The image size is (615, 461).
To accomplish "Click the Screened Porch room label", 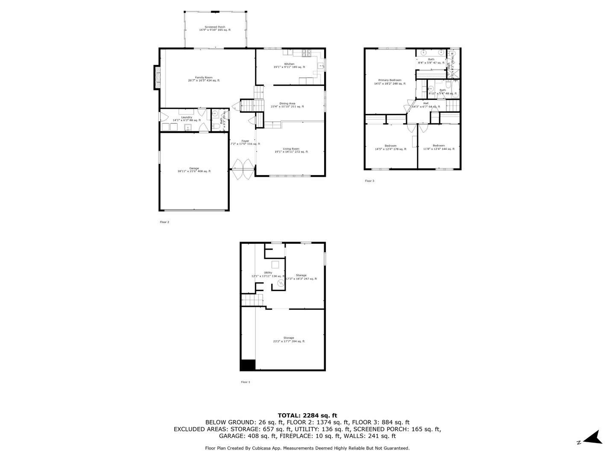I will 214,28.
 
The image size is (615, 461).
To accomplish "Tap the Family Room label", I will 204,79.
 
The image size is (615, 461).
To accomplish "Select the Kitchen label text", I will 289,65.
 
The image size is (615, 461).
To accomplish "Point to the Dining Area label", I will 287,105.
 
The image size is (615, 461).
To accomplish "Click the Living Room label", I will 291,150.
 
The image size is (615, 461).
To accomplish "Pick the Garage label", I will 194,170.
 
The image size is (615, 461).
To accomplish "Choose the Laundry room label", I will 187,119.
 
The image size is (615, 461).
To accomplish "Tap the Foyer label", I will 245,142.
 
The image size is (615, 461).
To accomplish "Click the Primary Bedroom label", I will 389,82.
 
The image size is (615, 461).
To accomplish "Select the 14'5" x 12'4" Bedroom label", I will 390,147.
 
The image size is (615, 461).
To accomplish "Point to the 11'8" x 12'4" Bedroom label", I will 439,147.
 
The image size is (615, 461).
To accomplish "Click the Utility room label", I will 268,274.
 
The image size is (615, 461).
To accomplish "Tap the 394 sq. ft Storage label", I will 289,339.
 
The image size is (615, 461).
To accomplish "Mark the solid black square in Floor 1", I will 248,365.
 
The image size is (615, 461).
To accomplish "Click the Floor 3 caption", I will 369,181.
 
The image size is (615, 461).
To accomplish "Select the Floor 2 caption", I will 164,222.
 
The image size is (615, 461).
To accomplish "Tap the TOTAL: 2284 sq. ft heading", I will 307,415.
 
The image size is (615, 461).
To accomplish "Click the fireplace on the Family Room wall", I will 157,78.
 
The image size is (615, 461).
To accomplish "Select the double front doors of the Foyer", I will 243,169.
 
